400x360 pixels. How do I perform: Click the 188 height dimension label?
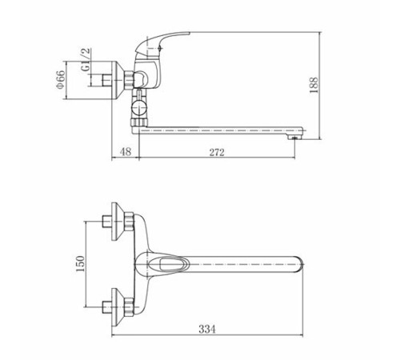[314, 85]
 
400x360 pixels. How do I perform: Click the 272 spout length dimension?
[217, 152]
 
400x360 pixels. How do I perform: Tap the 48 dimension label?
[126, 152]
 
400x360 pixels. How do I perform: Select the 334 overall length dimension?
[207, 329]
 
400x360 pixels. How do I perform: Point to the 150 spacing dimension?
[80, 264]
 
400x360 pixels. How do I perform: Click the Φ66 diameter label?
[60, 79]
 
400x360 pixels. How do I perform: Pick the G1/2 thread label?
[86, 60]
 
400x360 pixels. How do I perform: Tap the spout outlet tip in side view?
[294, 137]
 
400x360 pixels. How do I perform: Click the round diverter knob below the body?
[138, 109]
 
